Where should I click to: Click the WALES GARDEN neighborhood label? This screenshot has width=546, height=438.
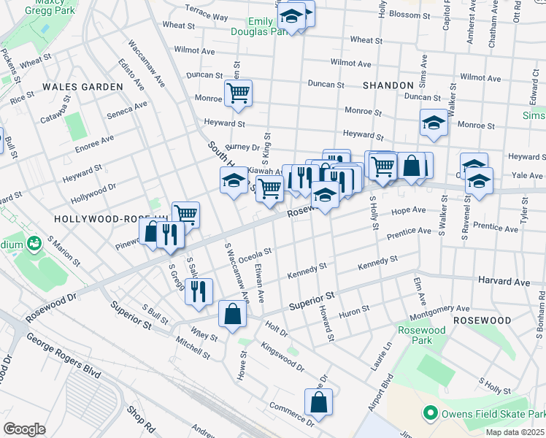click(82, 86)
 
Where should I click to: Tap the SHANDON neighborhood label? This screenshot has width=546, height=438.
click(388, 85)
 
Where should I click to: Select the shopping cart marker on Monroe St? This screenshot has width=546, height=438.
click(238, 94)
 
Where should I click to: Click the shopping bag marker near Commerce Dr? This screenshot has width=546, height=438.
click(318, 402)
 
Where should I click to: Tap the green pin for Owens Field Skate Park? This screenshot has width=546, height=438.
click(430, 413)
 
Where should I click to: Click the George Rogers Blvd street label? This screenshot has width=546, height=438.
click(63, 356)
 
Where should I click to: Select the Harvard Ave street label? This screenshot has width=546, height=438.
click(504, 281)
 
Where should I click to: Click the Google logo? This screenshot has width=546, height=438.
click(24, 429)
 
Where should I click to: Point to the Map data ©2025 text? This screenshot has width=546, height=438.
click(514, 432)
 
